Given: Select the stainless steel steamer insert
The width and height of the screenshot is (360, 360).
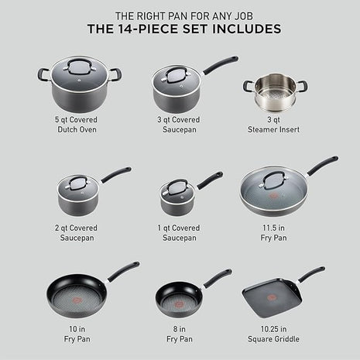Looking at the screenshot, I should (x=275, y=93).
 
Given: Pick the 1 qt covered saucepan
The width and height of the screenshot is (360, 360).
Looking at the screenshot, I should (x=178, y=198).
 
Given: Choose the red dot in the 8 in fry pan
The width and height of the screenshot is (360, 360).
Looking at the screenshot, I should (x=177, y=298).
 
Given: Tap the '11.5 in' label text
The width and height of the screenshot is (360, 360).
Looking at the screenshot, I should (x=274, y=229).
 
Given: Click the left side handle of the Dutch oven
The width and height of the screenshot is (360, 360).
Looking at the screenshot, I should (x=43, y=75).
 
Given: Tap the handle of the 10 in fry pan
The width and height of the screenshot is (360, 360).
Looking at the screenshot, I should (x=124, y=270).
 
